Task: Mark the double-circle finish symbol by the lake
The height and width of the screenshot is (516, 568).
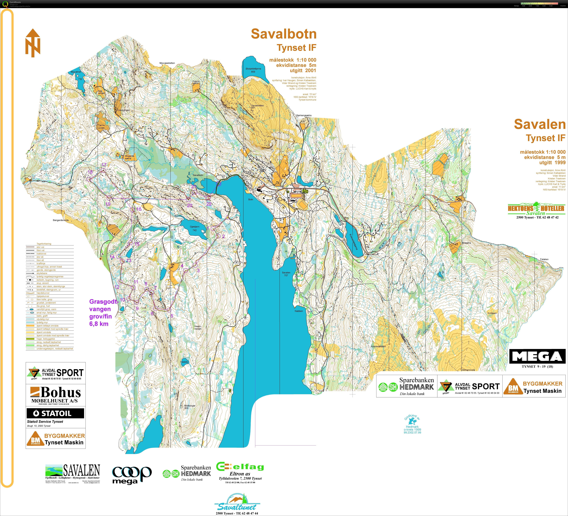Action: [219, 184]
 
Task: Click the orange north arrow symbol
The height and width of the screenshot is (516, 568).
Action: [33, 43]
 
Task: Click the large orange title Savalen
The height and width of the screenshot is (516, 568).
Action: [540, 124]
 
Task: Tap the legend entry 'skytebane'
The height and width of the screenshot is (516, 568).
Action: [42, 273]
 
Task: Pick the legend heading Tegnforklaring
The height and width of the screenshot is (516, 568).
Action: [44, 244]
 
